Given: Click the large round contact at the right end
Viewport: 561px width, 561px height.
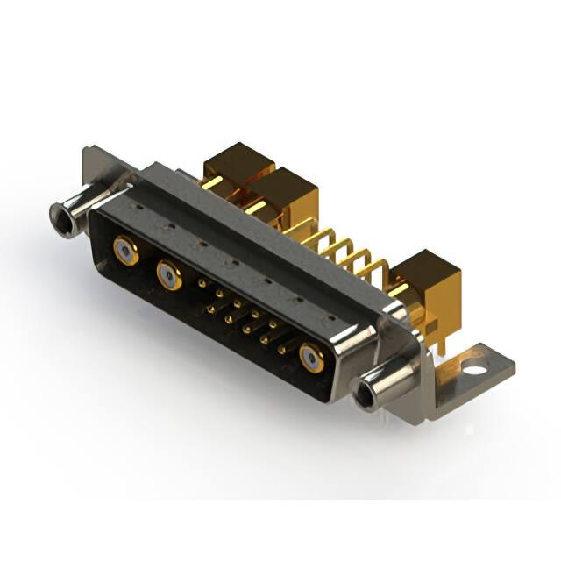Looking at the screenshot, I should click(x=311, y=357).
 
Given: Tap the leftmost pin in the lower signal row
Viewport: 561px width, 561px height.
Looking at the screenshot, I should click(x=210, y=308).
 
